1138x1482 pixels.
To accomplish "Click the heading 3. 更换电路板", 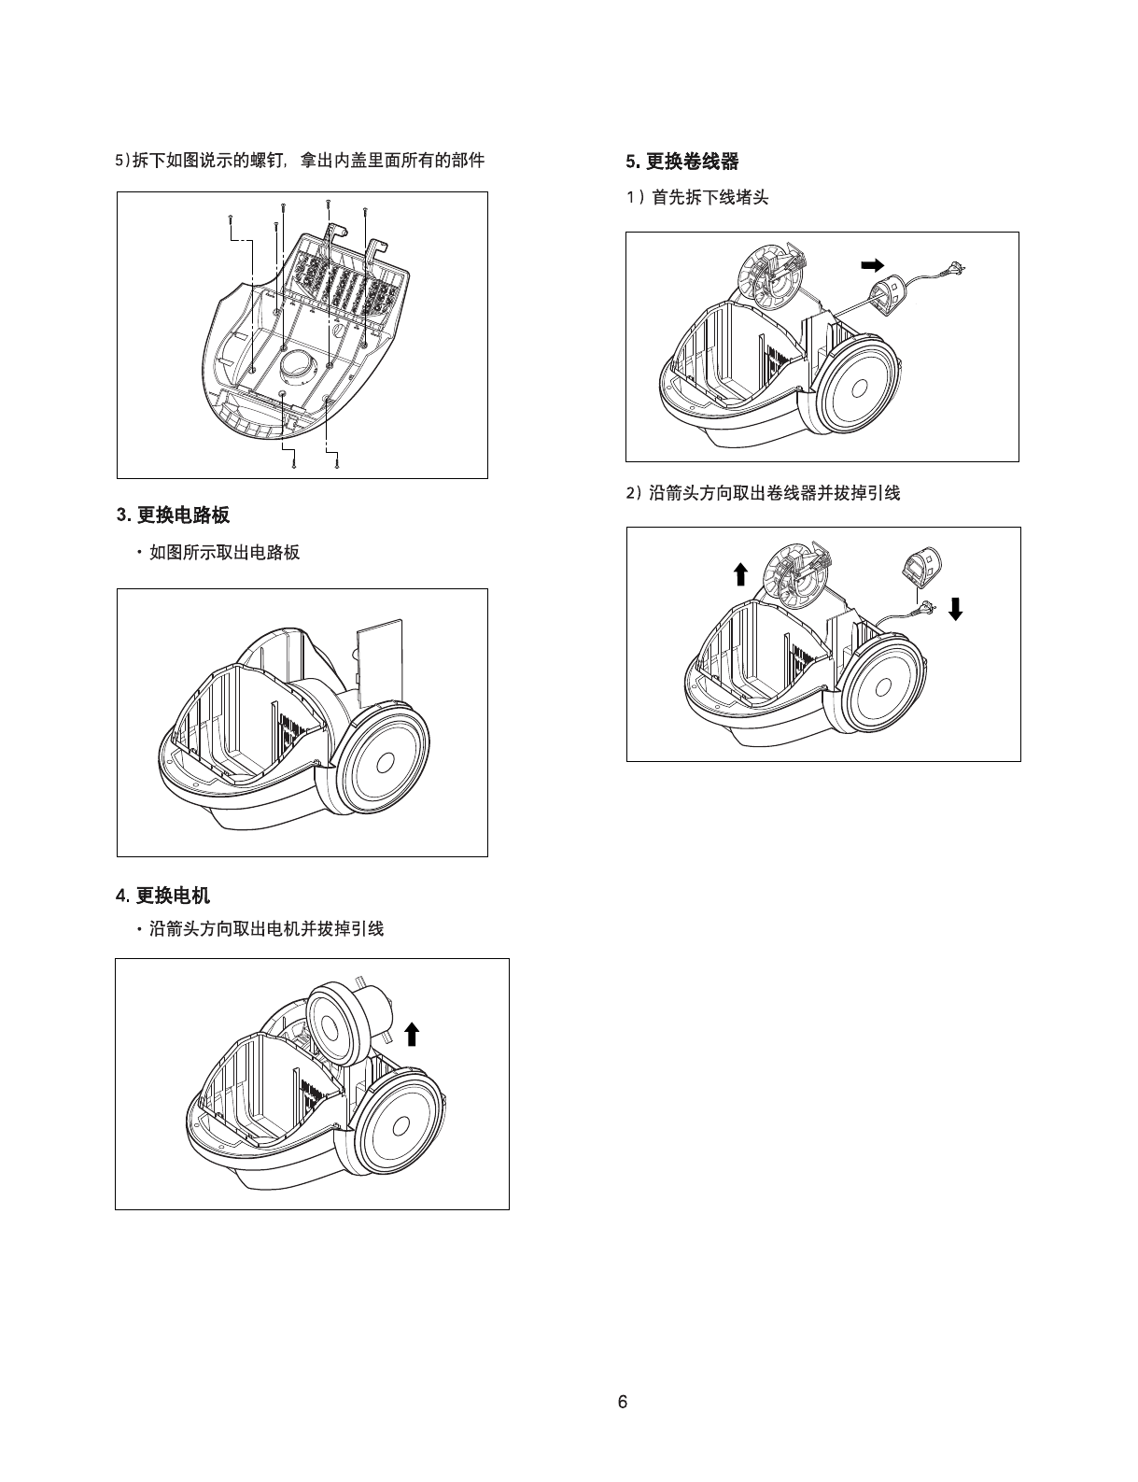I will click(x=174, y=515).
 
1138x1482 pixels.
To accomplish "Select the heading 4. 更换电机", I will click(x=163, y=896).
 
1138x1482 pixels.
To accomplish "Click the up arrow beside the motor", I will click(x=411, y=1034).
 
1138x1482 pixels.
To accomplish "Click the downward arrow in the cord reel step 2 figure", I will click(x=955, y=609).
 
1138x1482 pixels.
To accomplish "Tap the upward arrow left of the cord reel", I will click(x=740, y=573).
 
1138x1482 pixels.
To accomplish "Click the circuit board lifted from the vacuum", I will click(x=381, y=664).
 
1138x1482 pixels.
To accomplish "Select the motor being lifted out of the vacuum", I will click(x=348, y=1017).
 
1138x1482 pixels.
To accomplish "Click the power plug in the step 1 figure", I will click(x=954, y=269).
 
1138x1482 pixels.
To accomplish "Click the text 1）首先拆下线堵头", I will click(x=697, y=197).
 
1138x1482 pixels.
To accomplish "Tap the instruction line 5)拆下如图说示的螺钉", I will click(x=300, y=161).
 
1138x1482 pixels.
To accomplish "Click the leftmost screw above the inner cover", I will click(x=230, y=219).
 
